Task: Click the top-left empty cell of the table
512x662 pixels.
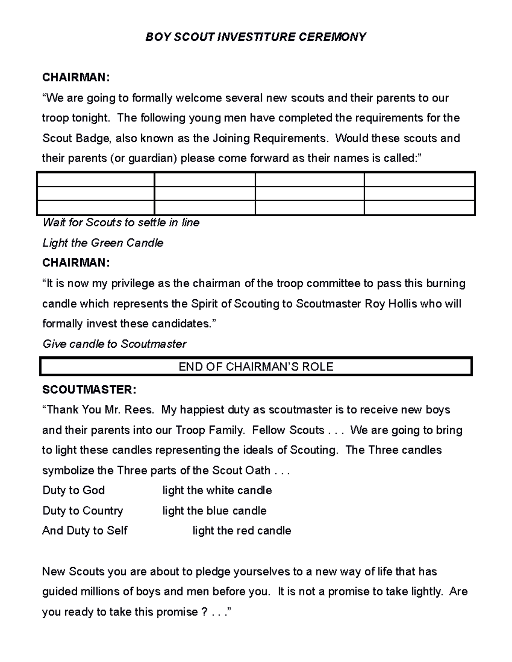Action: point(96,179)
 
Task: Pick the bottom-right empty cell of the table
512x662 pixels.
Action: point(419,208)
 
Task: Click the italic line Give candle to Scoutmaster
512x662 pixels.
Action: point(114,344)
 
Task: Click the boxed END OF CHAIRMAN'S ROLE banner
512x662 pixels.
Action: point(256,367)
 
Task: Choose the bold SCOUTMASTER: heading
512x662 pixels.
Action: point(89,390)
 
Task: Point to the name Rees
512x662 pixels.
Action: point(139,410)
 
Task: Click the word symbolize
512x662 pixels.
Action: point(68,471)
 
